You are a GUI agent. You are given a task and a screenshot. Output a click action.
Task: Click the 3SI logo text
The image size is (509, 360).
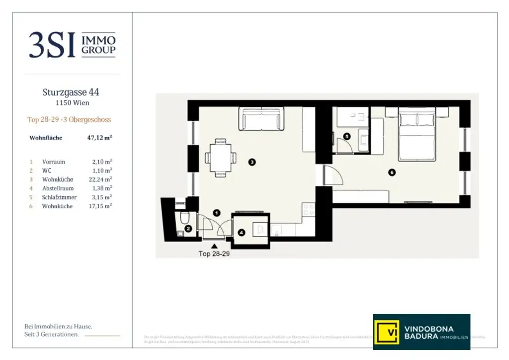(x=52, y=45)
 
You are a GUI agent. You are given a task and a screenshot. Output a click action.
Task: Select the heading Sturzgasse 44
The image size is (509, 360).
(x=71, y=92)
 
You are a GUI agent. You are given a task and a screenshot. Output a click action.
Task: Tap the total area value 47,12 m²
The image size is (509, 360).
(x=99, y=138)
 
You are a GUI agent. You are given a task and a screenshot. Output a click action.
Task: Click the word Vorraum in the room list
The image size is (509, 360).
(x=54, y=162)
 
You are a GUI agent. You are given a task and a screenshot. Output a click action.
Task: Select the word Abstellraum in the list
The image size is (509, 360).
(x=58, y=188)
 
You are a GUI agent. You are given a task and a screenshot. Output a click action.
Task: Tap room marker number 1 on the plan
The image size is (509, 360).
(x=216, y=213)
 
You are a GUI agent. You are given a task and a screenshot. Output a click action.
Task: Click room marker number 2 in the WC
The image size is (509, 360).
(x=188, y=229)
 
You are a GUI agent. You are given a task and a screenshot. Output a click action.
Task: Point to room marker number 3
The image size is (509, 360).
(x=252, y=162)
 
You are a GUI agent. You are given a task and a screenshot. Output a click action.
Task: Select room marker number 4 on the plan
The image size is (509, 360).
(x=242, y=232)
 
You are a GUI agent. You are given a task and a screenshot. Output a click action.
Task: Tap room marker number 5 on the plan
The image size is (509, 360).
(x=347, y=136)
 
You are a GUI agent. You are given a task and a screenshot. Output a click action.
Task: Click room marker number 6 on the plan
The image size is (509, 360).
(x=392, y=173)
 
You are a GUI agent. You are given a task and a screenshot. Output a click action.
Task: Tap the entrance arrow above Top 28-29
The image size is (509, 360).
(x=214, y=246)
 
